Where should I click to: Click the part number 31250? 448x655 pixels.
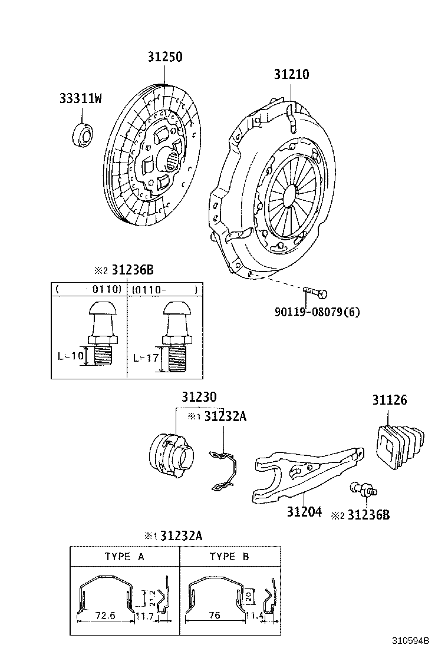(x=164, y=57)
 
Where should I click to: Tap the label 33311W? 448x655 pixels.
(x=80, y=99)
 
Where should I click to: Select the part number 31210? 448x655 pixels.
(x=291, y=75)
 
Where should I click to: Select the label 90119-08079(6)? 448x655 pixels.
(x=317, y=312)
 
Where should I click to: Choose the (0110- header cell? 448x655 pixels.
(x=165, y=289)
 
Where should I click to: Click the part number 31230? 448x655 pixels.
(x=199, y=396)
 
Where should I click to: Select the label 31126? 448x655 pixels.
(x=389, y=400)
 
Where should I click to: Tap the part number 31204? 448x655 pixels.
(x=304, y=512)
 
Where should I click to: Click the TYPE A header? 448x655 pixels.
(x=124, y=556)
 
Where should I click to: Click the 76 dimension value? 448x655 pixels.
(x=215, y=616)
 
